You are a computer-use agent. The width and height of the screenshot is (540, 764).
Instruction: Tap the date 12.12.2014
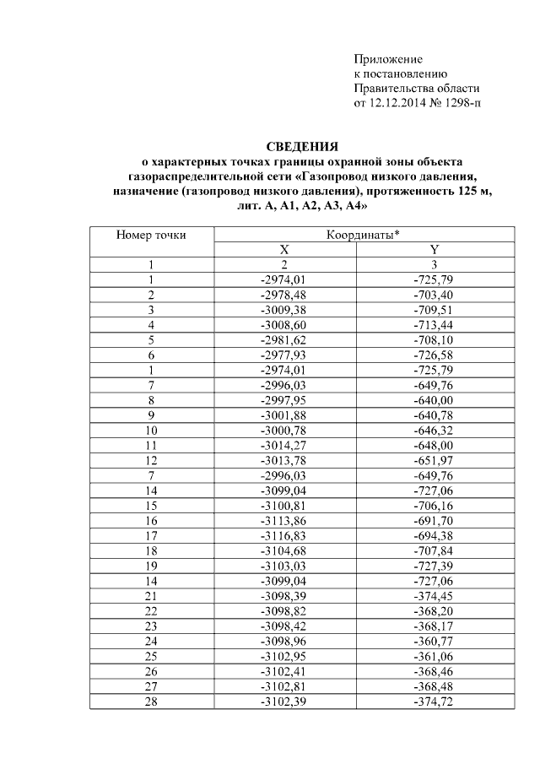click(400, 103)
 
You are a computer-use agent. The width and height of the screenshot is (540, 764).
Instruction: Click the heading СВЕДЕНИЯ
click(302, 146)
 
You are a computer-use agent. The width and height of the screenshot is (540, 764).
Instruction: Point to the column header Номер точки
click(151, 235)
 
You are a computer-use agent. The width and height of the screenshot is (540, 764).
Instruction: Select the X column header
click(284, 250)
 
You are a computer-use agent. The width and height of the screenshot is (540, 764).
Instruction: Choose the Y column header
click(434, 250)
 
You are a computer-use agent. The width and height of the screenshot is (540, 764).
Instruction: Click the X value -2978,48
click(283, 295)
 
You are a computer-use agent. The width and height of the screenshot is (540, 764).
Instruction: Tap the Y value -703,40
click(434, 295)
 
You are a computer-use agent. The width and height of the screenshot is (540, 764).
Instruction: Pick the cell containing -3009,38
click(283, 310)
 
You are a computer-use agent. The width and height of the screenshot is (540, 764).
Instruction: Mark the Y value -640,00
click(434, 399)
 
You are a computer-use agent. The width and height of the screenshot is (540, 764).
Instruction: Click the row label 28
click(151, 702)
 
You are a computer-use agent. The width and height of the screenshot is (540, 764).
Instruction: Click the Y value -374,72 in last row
click(434, 702)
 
